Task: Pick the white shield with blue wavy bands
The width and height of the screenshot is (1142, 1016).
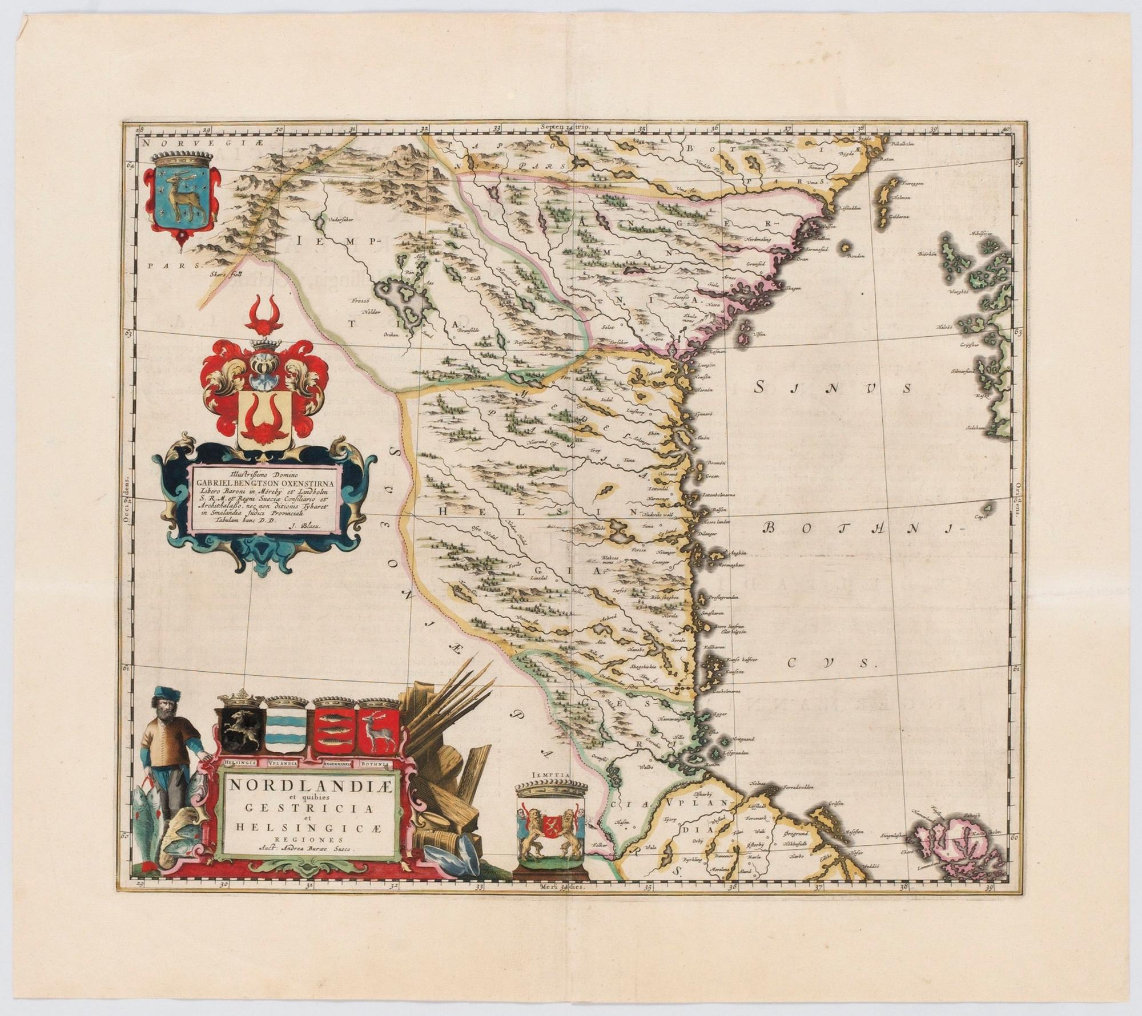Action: tap(284, 735)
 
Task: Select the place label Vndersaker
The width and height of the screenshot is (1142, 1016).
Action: tap(341, 218)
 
